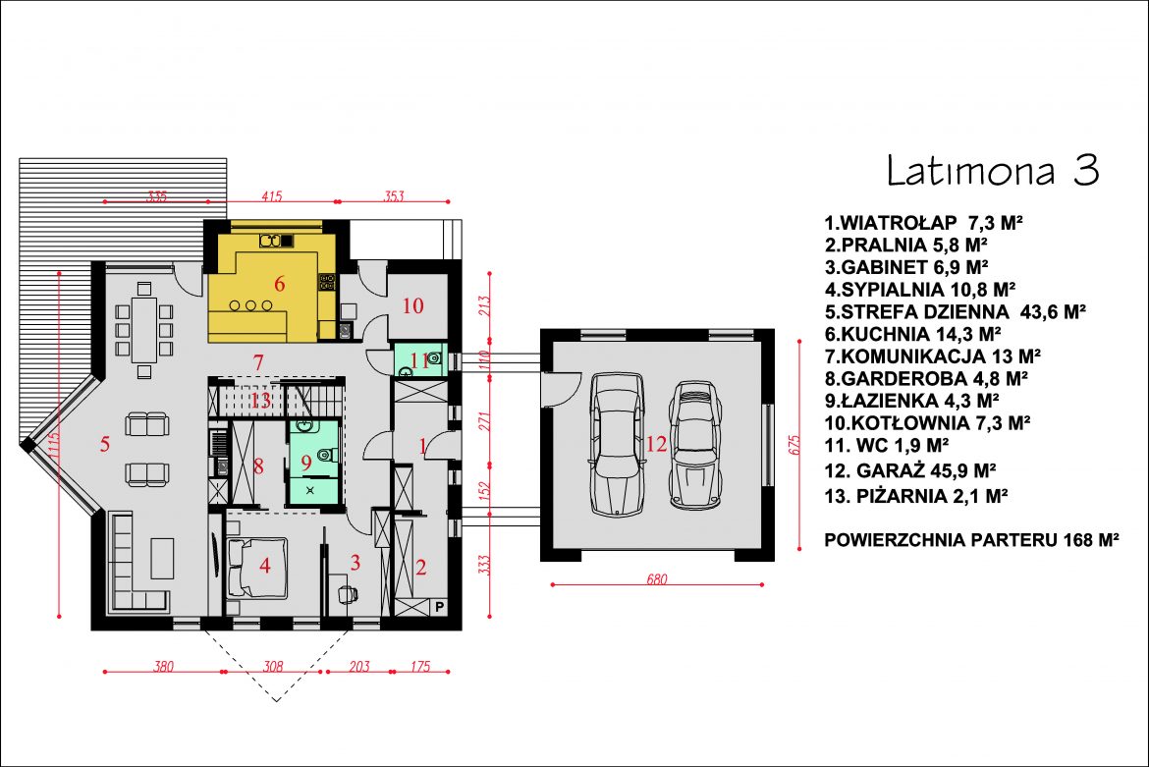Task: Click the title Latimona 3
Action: click(x=993, y=170)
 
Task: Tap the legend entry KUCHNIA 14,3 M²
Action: click(x=912, y=334)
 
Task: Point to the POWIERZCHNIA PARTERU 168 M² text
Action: click(x=971, y=540)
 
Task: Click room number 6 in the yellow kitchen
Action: click(x=279, y=284)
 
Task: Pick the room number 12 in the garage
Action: click(x=657, y=443)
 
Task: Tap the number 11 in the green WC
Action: click(x=420, y=359)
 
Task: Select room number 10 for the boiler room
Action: click(x=413, y=305)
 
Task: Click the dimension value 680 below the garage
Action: click(x=657, y=578)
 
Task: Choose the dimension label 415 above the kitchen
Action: click(x=271, y=196)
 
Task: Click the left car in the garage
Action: click(x=617, y=445)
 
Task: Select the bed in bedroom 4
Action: click(x=256, y=568)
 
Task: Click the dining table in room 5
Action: click(x=144, y=329)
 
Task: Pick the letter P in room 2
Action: click(x=440, y=607)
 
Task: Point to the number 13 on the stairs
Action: click(x=261, y=401)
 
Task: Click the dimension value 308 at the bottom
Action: click(x=273, y=667)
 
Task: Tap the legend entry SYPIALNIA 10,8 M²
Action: click(x=919, y=290)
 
